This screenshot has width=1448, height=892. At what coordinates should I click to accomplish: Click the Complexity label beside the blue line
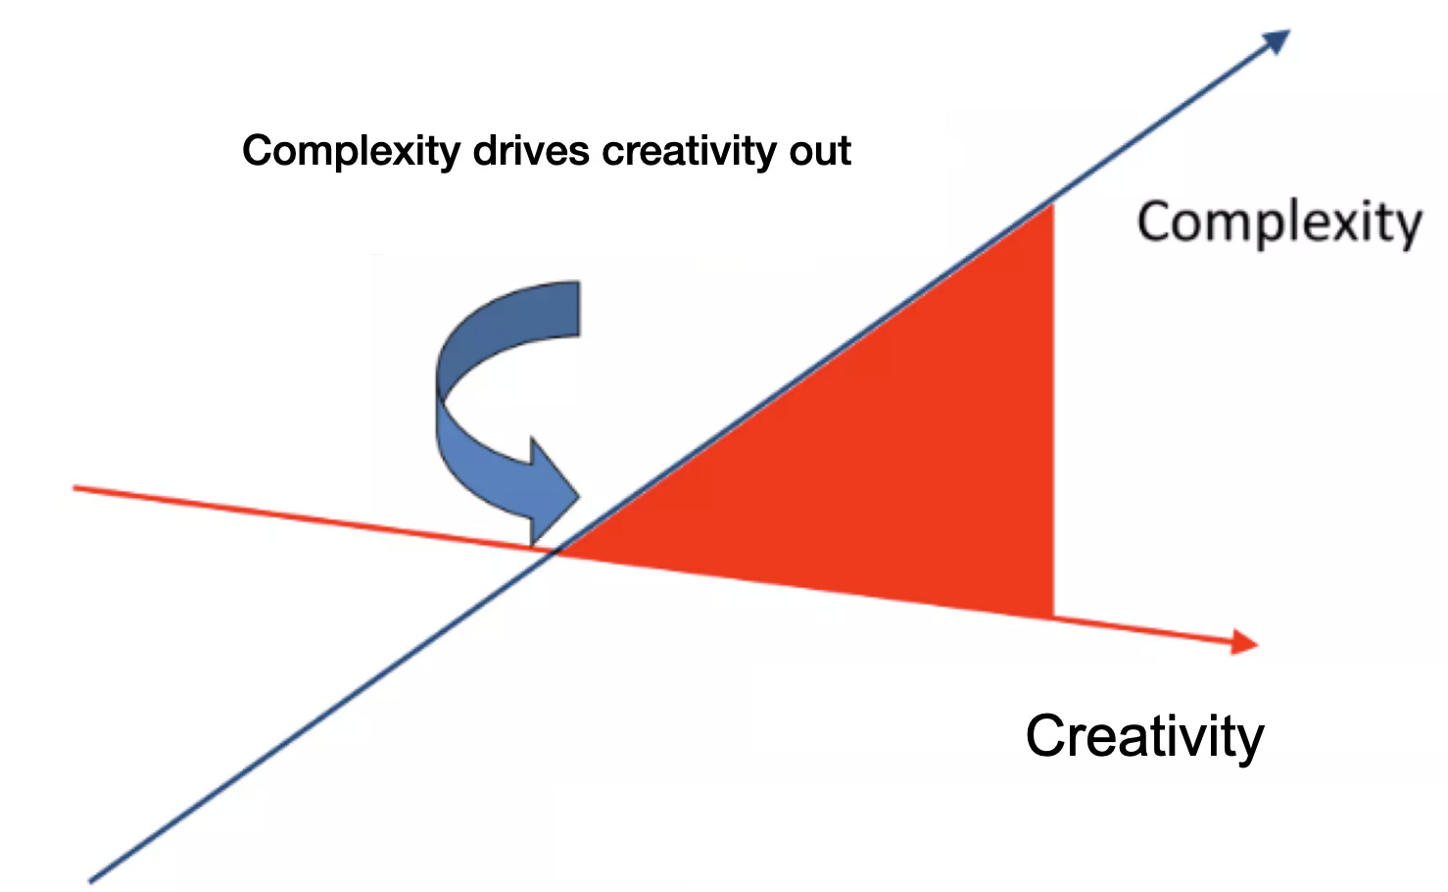(1279, 223)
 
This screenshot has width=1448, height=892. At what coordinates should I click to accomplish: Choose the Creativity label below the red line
(1144, 736)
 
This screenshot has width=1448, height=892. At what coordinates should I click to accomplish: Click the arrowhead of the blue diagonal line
(1277, 41)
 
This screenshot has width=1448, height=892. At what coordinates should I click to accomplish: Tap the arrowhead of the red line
(1245, 642)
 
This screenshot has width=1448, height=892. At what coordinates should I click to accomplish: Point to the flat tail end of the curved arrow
(578, 309)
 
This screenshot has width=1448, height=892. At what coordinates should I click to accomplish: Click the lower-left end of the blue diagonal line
(91, 880)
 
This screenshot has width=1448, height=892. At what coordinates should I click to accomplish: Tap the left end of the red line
(75, 486)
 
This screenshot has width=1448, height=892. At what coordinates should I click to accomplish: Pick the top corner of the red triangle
(1051, 205)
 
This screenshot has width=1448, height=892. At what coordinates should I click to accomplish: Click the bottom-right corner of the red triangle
(1052, 617)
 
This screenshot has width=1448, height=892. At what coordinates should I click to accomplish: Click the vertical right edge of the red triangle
(1053, 412)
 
